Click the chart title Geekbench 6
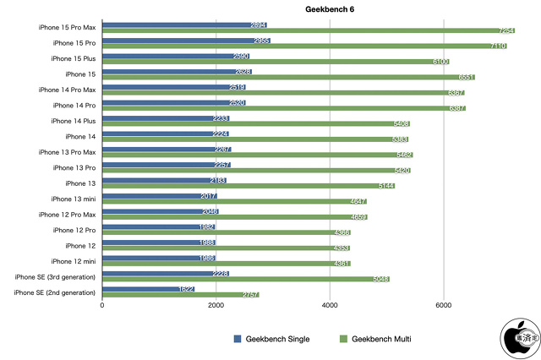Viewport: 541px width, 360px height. (306, 8)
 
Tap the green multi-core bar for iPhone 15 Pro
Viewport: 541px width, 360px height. (304, 46)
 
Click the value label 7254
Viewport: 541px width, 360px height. (505, 30)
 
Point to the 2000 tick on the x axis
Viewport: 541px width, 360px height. (216, 306)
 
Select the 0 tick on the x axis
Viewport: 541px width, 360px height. (102, 306)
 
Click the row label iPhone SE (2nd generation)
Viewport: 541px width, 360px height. (55, 292)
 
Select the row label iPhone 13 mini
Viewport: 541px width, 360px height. (72, 199)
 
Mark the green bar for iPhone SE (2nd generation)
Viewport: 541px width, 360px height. (180, 295)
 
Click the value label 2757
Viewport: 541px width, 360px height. (249, 295)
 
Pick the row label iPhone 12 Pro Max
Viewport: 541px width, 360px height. (67, 214)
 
